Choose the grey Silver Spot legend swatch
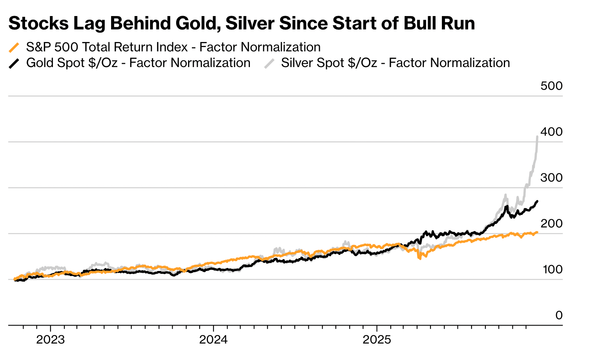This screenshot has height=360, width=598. click(x=269, y=63)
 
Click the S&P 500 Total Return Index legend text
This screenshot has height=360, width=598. click(x=173, y=47)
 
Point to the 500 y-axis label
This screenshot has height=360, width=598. click(x=551, y=86)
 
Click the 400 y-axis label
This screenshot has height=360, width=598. click(x=551, y=132)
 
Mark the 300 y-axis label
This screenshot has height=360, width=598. click(x=551, y=178)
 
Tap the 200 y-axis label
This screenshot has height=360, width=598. click(x=551, y=224)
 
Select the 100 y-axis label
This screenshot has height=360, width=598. click(x=552, y=269)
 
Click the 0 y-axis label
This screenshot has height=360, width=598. click(x=559, y=315)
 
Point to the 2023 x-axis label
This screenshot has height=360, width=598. click(x=50, y=340)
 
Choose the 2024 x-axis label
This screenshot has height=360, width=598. click(x=213, y=340)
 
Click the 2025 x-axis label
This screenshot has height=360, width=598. click(x=377, y=340)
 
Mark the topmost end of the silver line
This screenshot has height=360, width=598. click(x=537, y=136)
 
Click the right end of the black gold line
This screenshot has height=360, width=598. click(x=537, y=201)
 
